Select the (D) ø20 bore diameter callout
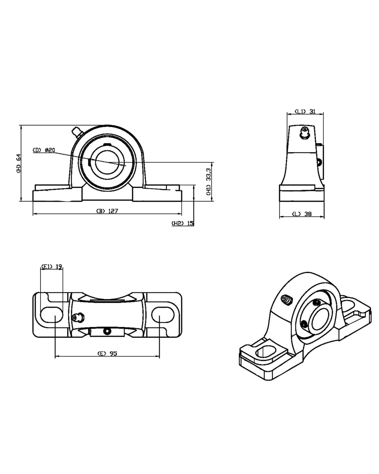pyautogui.click(x=44, y=150)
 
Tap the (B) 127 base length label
pyautogui.click(x=107, y=211)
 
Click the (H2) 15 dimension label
pyautogui.click(x=182, y=223)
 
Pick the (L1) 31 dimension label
pyautogui.click(x=305, y=111)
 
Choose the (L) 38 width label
pyautogui.click(x=302, y=214)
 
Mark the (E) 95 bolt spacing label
pyautogui.click(x=107, y=353)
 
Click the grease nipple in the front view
pyautogui.click(x=77, y=132)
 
